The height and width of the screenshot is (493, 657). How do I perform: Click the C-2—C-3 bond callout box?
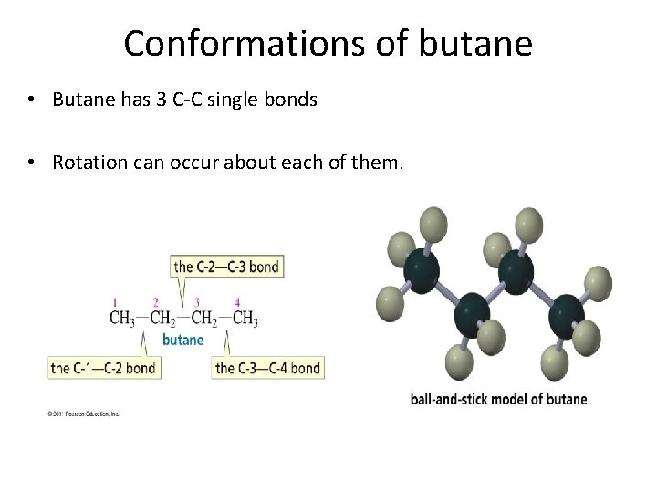click(227, 267)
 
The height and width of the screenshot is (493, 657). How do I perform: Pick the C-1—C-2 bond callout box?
click(103, 368)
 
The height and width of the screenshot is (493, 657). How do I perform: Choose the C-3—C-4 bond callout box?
click(267, 368)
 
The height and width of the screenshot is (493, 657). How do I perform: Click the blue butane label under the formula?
click(182, 340)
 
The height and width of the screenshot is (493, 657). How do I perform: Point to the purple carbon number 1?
click(115, 302)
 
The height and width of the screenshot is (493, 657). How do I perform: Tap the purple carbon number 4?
click(237, 302)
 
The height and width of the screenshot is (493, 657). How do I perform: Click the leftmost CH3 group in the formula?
click(123, 319)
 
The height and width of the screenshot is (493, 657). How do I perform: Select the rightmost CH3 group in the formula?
click(245, 319)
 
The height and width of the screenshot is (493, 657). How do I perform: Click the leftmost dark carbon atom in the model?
click(421, 270)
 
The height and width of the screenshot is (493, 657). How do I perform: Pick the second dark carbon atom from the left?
click(473, 313)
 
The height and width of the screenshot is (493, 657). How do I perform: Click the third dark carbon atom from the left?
click(516, 270)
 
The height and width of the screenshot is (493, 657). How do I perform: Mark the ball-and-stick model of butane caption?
click(498, 399)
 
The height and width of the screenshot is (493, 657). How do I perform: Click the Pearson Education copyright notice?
click(83, 414)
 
